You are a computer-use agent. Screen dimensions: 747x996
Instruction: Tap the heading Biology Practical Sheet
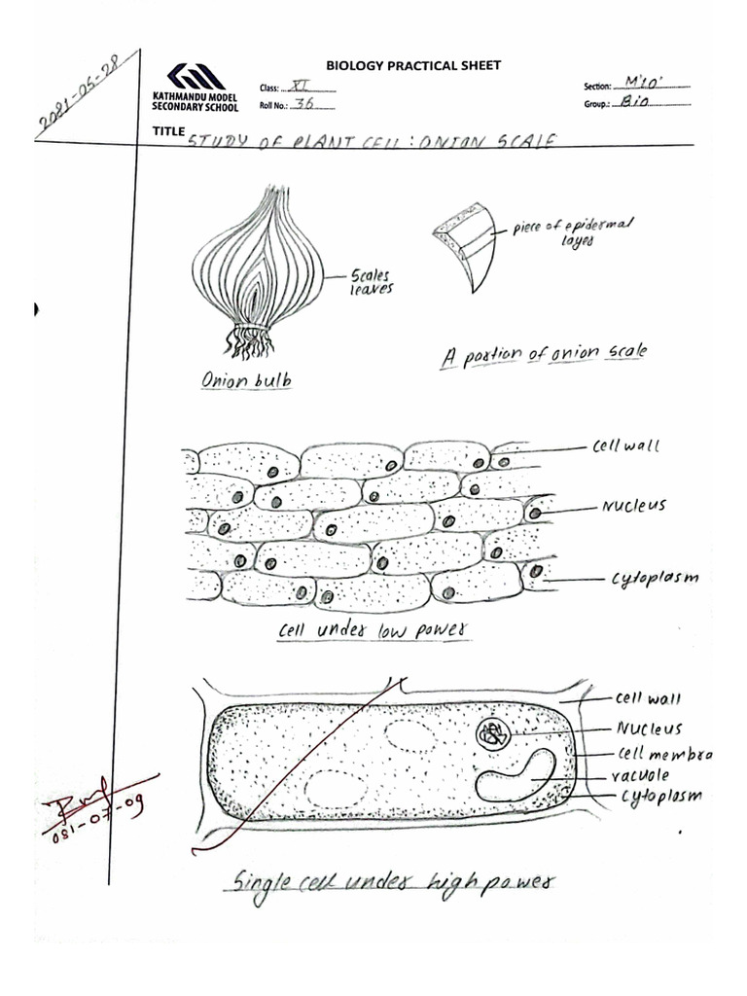[x=413, y=65]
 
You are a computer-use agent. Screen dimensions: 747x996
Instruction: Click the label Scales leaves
[x=372, y=282]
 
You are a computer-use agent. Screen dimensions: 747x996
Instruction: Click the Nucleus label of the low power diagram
[x=633, y=506]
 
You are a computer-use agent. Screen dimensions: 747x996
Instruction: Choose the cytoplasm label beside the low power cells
[x=655, y=579]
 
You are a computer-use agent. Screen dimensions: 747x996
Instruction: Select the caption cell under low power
[x=373, y=630]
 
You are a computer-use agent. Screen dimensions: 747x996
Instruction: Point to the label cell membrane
[x=664, y=754]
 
